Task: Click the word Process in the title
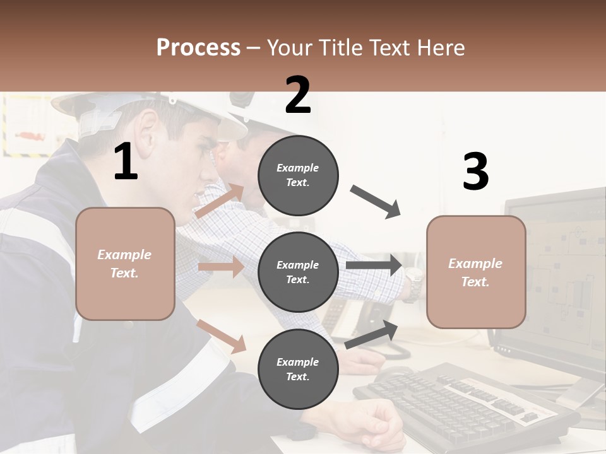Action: [x=198, y=47]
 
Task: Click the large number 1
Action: [x=126, y=162]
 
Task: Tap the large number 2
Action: [x=298, y=95]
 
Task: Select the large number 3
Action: [x=475, y=172]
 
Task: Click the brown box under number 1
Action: [x=125, y=264]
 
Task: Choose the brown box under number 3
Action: [x=476, y=272]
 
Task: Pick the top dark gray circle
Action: [x=298, y=175]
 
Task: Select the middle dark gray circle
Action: [x=298, y=272]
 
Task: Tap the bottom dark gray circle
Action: [x=298, y=369]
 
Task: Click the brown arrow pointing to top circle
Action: [x=220, y=201]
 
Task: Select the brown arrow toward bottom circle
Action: [x=222, y=336]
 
